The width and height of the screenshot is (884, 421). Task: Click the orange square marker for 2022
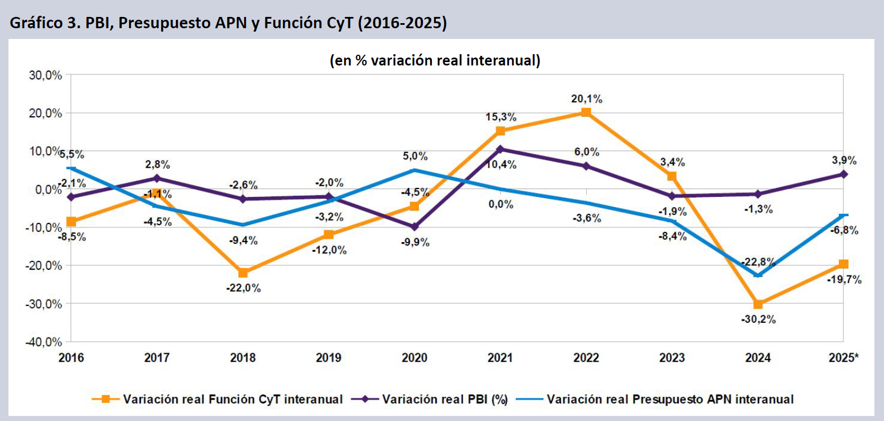(586, 112)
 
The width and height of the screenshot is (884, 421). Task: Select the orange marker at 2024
(758, 305)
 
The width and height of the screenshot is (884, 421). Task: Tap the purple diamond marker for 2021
(500, 150)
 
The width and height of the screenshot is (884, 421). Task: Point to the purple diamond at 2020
(414, 227)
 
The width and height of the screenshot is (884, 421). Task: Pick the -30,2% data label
(759, 319)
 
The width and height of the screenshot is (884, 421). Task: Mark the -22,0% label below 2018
(244, 288)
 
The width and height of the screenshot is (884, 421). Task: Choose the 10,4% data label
(500, 165)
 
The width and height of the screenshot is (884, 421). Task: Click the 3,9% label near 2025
(843, 161)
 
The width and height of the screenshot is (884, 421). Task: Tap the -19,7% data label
(844, 279)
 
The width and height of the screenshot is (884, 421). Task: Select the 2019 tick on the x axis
(329, 358)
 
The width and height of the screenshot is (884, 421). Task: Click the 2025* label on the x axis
(845, 358)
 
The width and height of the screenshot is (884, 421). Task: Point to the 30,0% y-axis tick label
(43, 75)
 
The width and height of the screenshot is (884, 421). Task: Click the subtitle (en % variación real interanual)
(435, 61)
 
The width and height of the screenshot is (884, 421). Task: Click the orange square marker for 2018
(243, 273)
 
